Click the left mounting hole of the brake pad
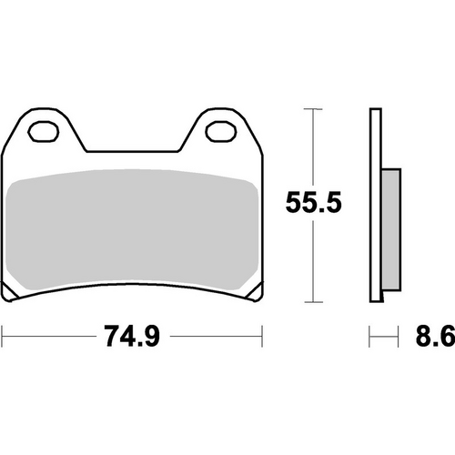[x=41, y=133]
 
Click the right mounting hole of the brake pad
[x=217, y=133]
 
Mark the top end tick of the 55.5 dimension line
[x=314, y=110]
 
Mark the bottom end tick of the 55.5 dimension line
[x=314, y=301]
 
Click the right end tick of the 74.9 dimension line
[x=258, y=339]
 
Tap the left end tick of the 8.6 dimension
[x=369, y=339]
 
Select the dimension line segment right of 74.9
[x=214, y=339]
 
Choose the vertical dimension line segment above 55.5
[x=314, y=146]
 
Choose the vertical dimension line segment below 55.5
[x=314, y=264]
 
